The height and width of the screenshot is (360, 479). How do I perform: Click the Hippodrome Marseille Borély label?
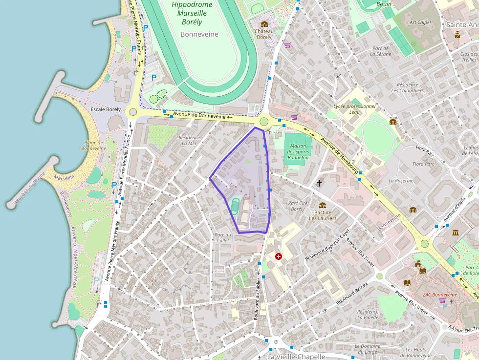coord(192,13)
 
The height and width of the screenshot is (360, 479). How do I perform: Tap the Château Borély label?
coord(264,34)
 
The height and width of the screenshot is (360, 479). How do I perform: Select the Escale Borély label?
coord(106,109)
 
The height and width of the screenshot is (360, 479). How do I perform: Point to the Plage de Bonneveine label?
coord(94,145)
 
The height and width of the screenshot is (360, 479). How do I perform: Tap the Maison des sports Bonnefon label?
coord(298,152)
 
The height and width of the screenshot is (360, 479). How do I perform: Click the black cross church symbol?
coord(319,183)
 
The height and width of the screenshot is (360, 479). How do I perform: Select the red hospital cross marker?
coord(279,256)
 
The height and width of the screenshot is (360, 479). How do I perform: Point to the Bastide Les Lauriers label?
coord(323,215)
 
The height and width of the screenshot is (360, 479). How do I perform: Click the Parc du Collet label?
coord(223,237)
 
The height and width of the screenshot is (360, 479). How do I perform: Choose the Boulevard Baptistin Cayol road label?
coord(327,245)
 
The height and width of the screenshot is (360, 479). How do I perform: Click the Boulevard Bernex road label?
coord(351,294)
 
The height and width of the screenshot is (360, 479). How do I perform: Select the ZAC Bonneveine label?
coord(440,295)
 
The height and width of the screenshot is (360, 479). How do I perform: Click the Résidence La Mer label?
coord(190,140)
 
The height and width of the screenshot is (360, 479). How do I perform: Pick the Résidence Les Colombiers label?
coord(407,87)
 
